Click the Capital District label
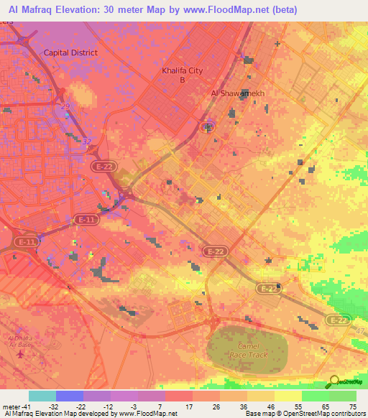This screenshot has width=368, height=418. pyautogui.click(x=70, y=52)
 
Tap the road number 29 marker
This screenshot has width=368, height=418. pyautogui.click(x=65, y=106)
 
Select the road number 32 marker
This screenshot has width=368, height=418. pyautogui.click(x=86, y=141)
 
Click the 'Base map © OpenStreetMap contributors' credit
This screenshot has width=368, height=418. pyautogui.click(x=310, y=414)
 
